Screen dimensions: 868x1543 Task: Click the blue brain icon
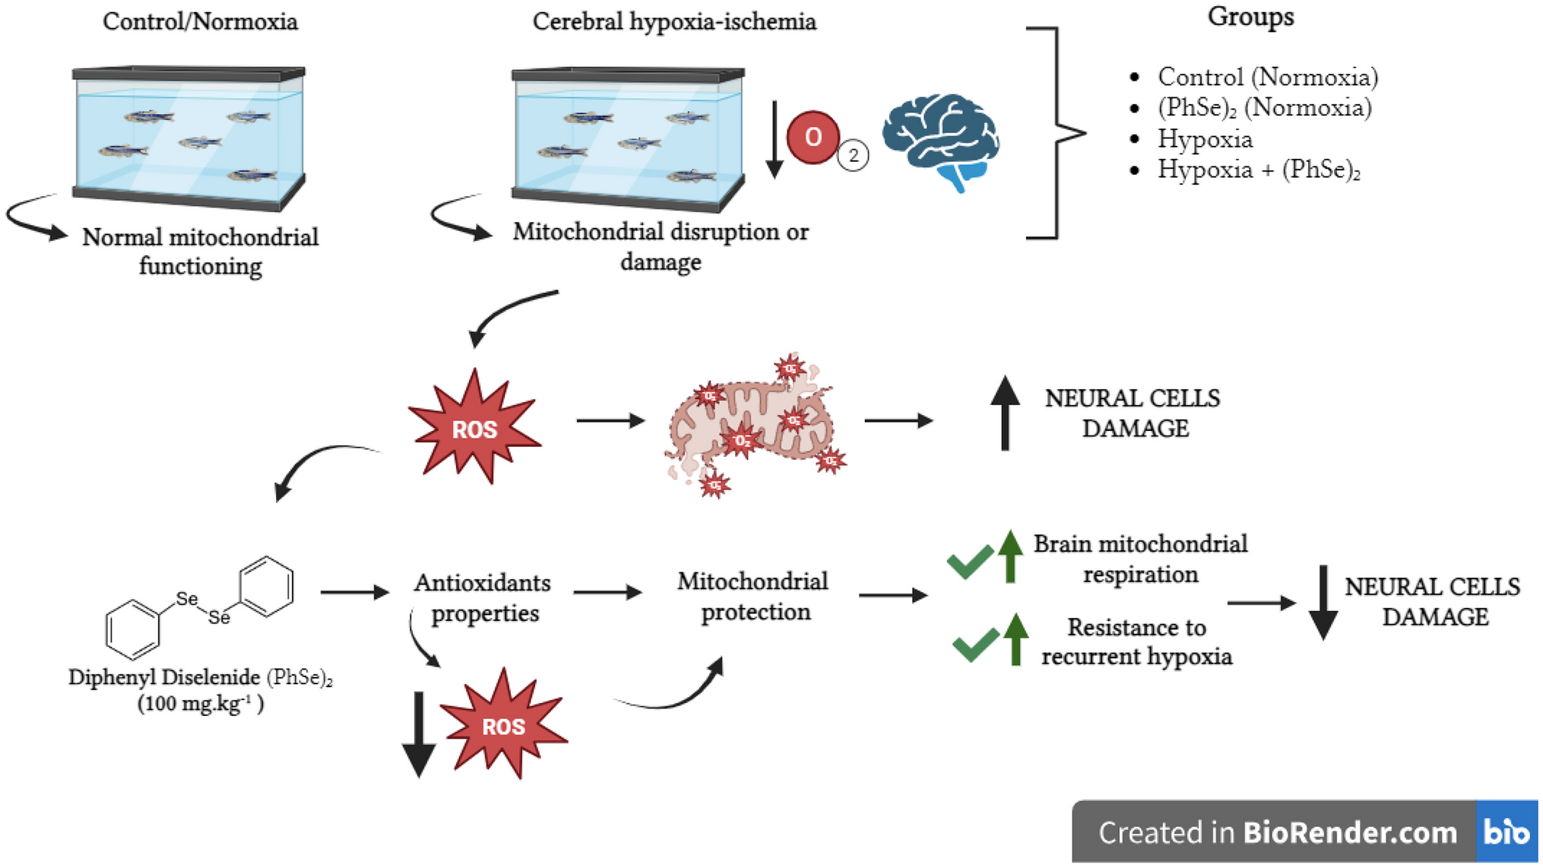pyautogui.click(x=941, y=139)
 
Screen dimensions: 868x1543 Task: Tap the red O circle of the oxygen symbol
pyautogui.click(x=813, y=138)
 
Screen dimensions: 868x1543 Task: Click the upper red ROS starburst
pyautogui.click(x=474, y=428)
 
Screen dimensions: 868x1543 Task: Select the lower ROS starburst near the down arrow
pyautogui.click(x=503, y=725)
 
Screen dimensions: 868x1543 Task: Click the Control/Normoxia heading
pyautogui.click(x=200, y=21)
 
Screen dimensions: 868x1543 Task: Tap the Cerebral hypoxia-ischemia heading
pyautogui.click(x=674, y=21)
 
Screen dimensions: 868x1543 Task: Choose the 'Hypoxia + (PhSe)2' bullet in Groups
pyautogui.click(x=1258, y=169)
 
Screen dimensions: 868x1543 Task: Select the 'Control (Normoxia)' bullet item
pyautogui.click(x=1267, y=77)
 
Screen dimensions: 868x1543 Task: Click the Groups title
pyautogui.click(x=1250, y=17)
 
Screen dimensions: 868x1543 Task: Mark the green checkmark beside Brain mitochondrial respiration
pyautogui.click(x=970, y=562)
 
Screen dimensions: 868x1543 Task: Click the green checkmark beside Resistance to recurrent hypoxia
pyautogui.click(x=975, y=645)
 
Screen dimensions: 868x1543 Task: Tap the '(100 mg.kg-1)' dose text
pyautogui.click(x=201, y=704)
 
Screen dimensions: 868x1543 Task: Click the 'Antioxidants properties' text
pyautogui.click(x=483, y=597)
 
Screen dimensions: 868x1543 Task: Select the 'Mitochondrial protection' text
pyautogui.click(x=753, y=597)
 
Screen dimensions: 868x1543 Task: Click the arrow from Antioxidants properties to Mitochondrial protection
pyautogui.click(x=607, y=592)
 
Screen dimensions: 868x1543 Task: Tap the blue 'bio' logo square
pyautogui.click(x=1506, y=832)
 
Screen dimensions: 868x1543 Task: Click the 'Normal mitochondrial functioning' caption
pyautogui.click(x=200, y=252)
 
